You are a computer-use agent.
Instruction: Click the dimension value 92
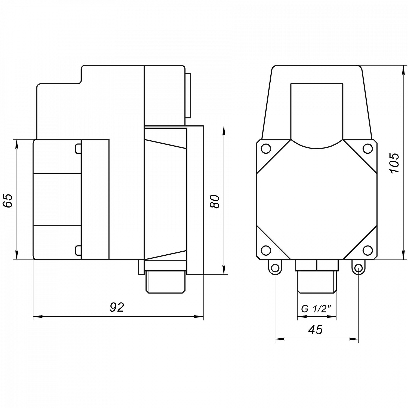[117, 307]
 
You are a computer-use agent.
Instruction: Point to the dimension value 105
[394, 163]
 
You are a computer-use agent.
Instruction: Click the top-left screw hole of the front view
[266, 149]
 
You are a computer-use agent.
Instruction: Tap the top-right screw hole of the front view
[368, 149]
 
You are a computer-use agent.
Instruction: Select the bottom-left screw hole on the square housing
[266, 250]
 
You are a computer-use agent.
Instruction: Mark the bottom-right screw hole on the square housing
[368, 250]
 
